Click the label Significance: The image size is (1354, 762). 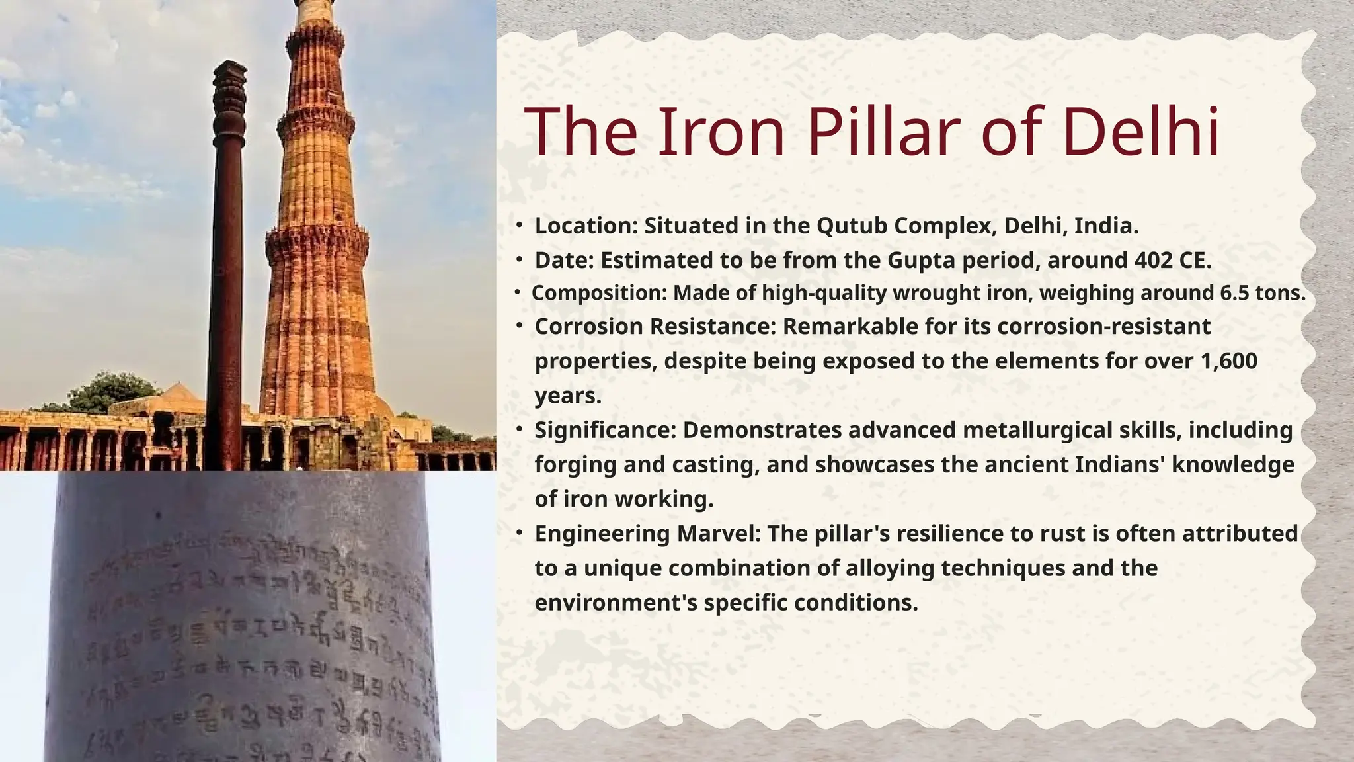(x=605, y=430)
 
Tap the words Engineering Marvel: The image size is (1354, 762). (x=648, y=533)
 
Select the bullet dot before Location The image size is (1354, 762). (x=520, y=225)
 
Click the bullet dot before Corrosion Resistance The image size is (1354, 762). (x=520, y=325)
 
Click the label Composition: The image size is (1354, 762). (x=599, y=293)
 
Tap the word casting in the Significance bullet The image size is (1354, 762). (x=714, y=465)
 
